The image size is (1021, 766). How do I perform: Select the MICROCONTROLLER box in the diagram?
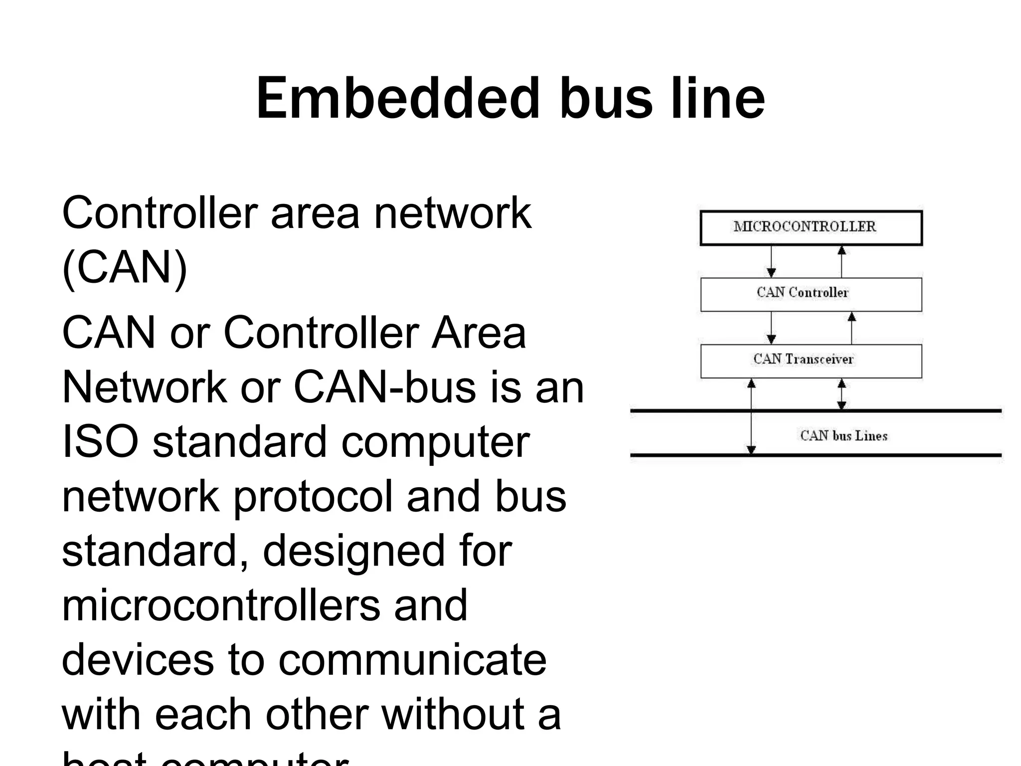point(811,227)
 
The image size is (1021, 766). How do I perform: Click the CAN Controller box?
point(811,294)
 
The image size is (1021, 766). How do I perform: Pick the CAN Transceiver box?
point(811,361)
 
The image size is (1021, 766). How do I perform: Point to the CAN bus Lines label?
point(844,436)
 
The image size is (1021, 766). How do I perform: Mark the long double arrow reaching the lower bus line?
point(751,419)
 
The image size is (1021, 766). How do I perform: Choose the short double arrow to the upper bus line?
point(842,394)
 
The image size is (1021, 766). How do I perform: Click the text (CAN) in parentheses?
point(125,267)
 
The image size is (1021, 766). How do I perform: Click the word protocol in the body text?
point(313,496)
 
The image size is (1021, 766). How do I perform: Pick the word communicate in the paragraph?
point(412,659)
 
